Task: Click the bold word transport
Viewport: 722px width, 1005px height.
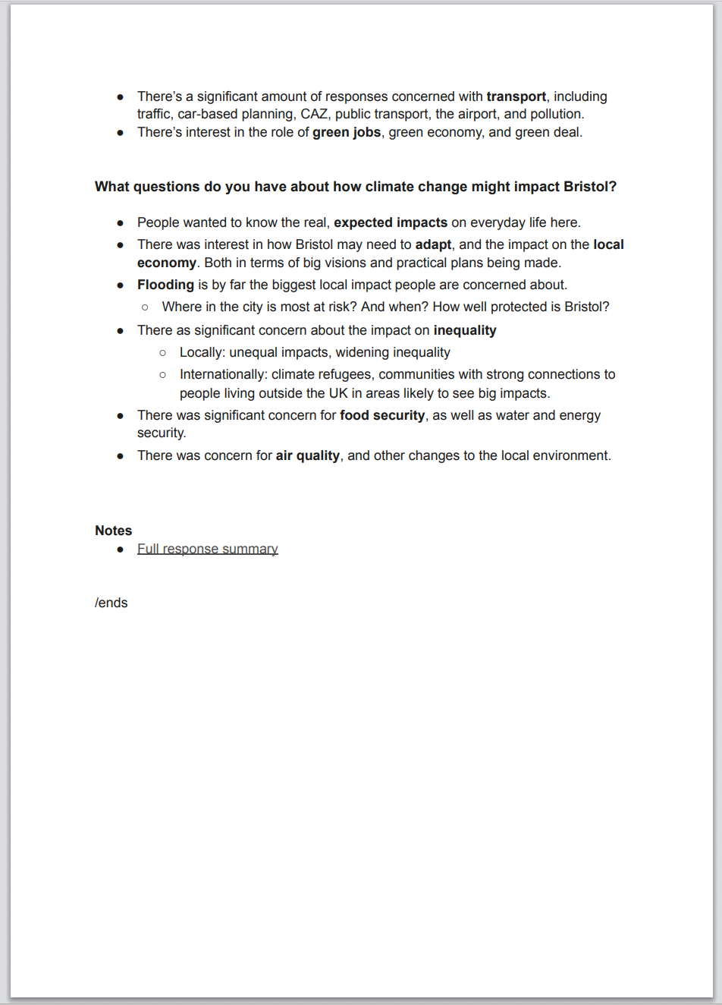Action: (516, 96)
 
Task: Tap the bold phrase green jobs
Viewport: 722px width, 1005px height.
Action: (347, 132)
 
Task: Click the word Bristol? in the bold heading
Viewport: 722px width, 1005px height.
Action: (589, 187)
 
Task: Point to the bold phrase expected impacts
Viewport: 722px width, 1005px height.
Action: (391, 222)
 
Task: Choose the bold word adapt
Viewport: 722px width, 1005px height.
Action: (433, 244)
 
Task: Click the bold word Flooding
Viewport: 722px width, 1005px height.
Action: (165, 285)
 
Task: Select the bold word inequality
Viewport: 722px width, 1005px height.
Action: (465, 330)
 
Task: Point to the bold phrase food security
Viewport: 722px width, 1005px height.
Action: (382, 415)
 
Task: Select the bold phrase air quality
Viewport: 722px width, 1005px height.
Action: (307, 455)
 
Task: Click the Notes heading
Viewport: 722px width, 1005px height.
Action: (114, 531)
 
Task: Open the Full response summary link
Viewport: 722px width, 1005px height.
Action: (208, 549)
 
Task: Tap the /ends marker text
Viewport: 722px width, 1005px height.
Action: (111, 603)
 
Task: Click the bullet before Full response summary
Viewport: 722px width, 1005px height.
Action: (121, 549)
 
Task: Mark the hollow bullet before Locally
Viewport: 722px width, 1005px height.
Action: (163, 353)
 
